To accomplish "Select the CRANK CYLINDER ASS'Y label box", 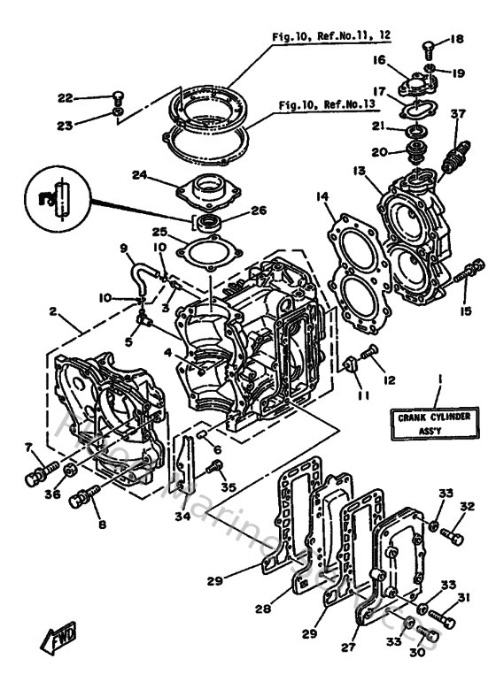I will click(433, 425).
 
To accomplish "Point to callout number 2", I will click(53, 311).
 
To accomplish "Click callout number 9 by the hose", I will click(124, 249).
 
